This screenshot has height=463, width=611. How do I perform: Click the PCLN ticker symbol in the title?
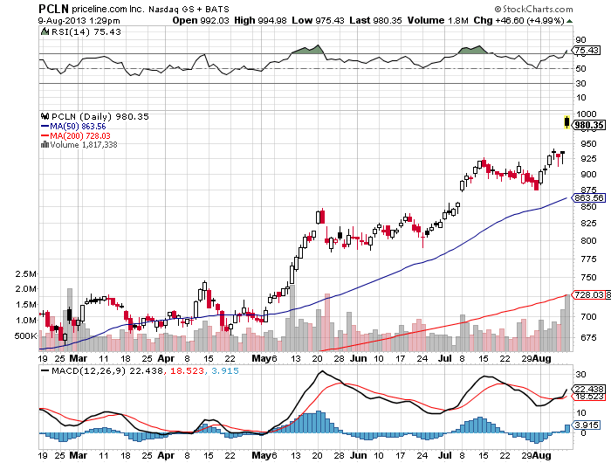click(x=52, y=8)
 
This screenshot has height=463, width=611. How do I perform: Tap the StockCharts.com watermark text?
click(x=561, y=8)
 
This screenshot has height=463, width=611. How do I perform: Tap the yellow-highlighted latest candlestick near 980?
click(x=567, y=121)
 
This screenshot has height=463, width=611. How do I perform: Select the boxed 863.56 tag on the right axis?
click(x=585, y=197)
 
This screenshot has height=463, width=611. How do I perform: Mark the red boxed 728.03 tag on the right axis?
click(x=585, y=295)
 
